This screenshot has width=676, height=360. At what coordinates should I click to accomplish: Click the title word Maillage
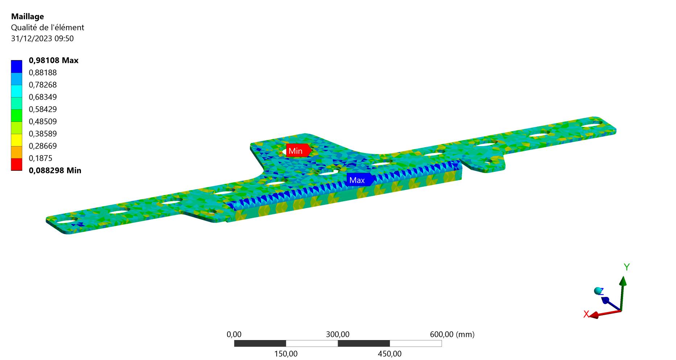click(x=28, y=16)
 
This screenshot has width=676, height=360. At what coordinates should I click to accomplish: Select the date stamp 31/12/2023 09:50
click(x=42, y=38)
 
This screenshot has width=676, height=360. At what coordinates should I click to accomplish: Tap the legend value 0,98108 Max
click(x=54, y=60)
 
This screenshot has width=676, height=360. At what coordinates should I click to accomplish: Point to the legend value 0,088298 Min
click(x=55, y=170)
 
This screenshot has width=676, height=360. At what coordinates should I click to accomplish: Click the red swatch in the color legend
click(x=17, y=165)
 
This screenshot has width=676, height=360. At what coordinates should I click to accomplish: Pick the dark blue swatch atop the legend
click(x=17, y=66)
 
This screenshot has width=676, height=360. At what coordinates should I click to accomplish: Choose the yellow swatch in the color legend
click(x=17, y=140)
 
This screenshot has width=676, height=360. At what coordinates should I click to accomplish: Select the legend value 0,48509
click(x=43, y=121)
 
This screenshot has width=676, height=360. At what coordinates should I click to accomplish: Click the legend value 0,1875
click(x=41, y=158)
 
